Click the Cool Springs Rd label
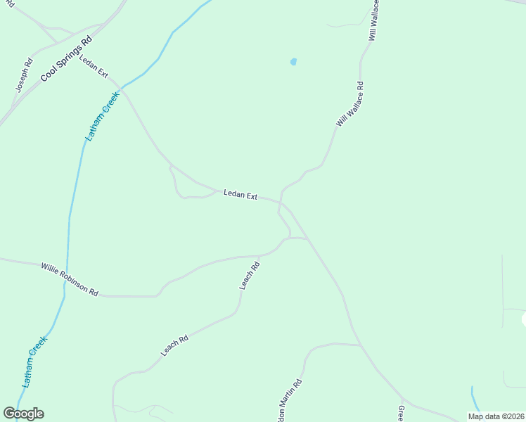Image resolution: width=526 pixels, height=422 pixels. click(67, 53)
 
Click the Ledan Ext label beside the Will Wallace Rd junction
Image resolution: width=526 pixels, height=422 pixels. click(240, 194)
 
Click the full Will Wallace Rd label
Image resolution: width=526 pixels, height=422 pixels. click(350, 105)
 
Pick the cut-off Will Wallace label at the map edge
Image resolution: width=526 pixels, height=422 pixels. click(374, 20)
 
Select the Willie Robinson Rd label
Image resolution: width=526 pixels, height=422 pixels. click(70, 279)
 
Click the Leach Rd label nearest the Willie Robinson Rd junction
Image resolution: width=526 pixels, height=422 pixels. click(250, 275)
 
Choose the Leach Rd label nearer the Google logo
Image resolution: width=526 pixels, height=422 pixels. click(175, 345)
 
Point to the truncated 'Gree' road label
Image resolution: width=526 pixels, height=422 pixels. click(401, 413)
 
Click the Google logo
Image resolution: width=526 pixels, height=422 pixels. click(23, 414)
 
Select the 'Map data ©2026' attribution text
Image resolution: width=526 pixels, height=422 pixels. click(496, 416)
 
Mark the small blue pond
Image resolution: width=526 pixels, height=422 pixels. click(293, 62)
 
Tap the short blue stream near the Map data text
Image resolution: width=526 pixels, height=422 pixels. click(475, 399)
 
